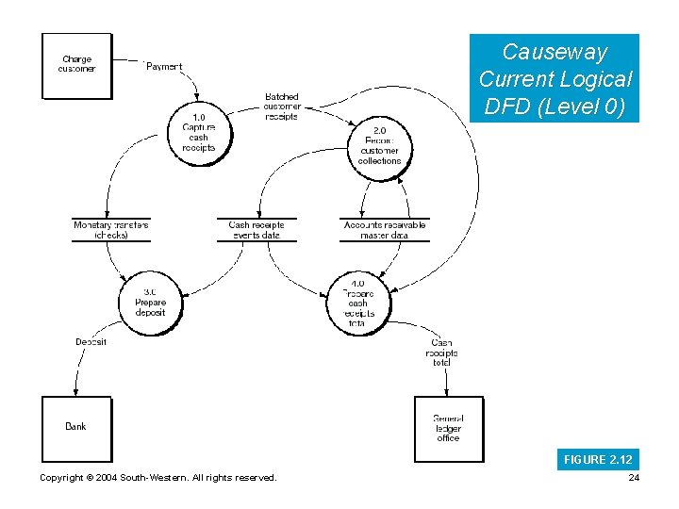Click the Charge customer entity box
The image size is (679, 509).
point(76,65)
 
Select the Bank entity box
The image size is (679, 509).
point(76,428)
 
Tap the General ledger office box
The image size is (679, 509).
point(448,429)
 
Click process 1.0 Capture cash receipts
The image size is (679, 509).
point(199,133)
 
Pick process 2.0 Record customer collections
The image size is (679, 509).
point(379,145)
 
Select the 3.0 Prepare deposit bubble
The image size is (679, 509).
point(150,303)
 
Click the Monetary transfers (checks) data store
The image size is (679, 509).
point(111,230)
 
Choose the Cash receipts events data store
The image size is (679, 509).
point(257,230)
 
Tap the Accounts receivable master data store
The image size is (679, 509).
point(385,230)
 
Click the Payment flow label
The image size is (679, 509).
point(164,67)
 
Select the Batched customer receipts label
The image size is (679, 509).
point(281,107)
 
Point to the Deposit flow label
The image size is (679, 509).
point(91,342)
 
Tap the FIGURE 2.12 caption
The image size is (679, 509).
point(598,459)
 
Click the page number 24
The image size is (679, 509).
point(632,478)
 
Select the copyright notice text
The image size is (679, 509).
point(158,478)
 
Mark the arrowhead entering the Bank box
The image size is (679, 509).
point(75,392)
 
